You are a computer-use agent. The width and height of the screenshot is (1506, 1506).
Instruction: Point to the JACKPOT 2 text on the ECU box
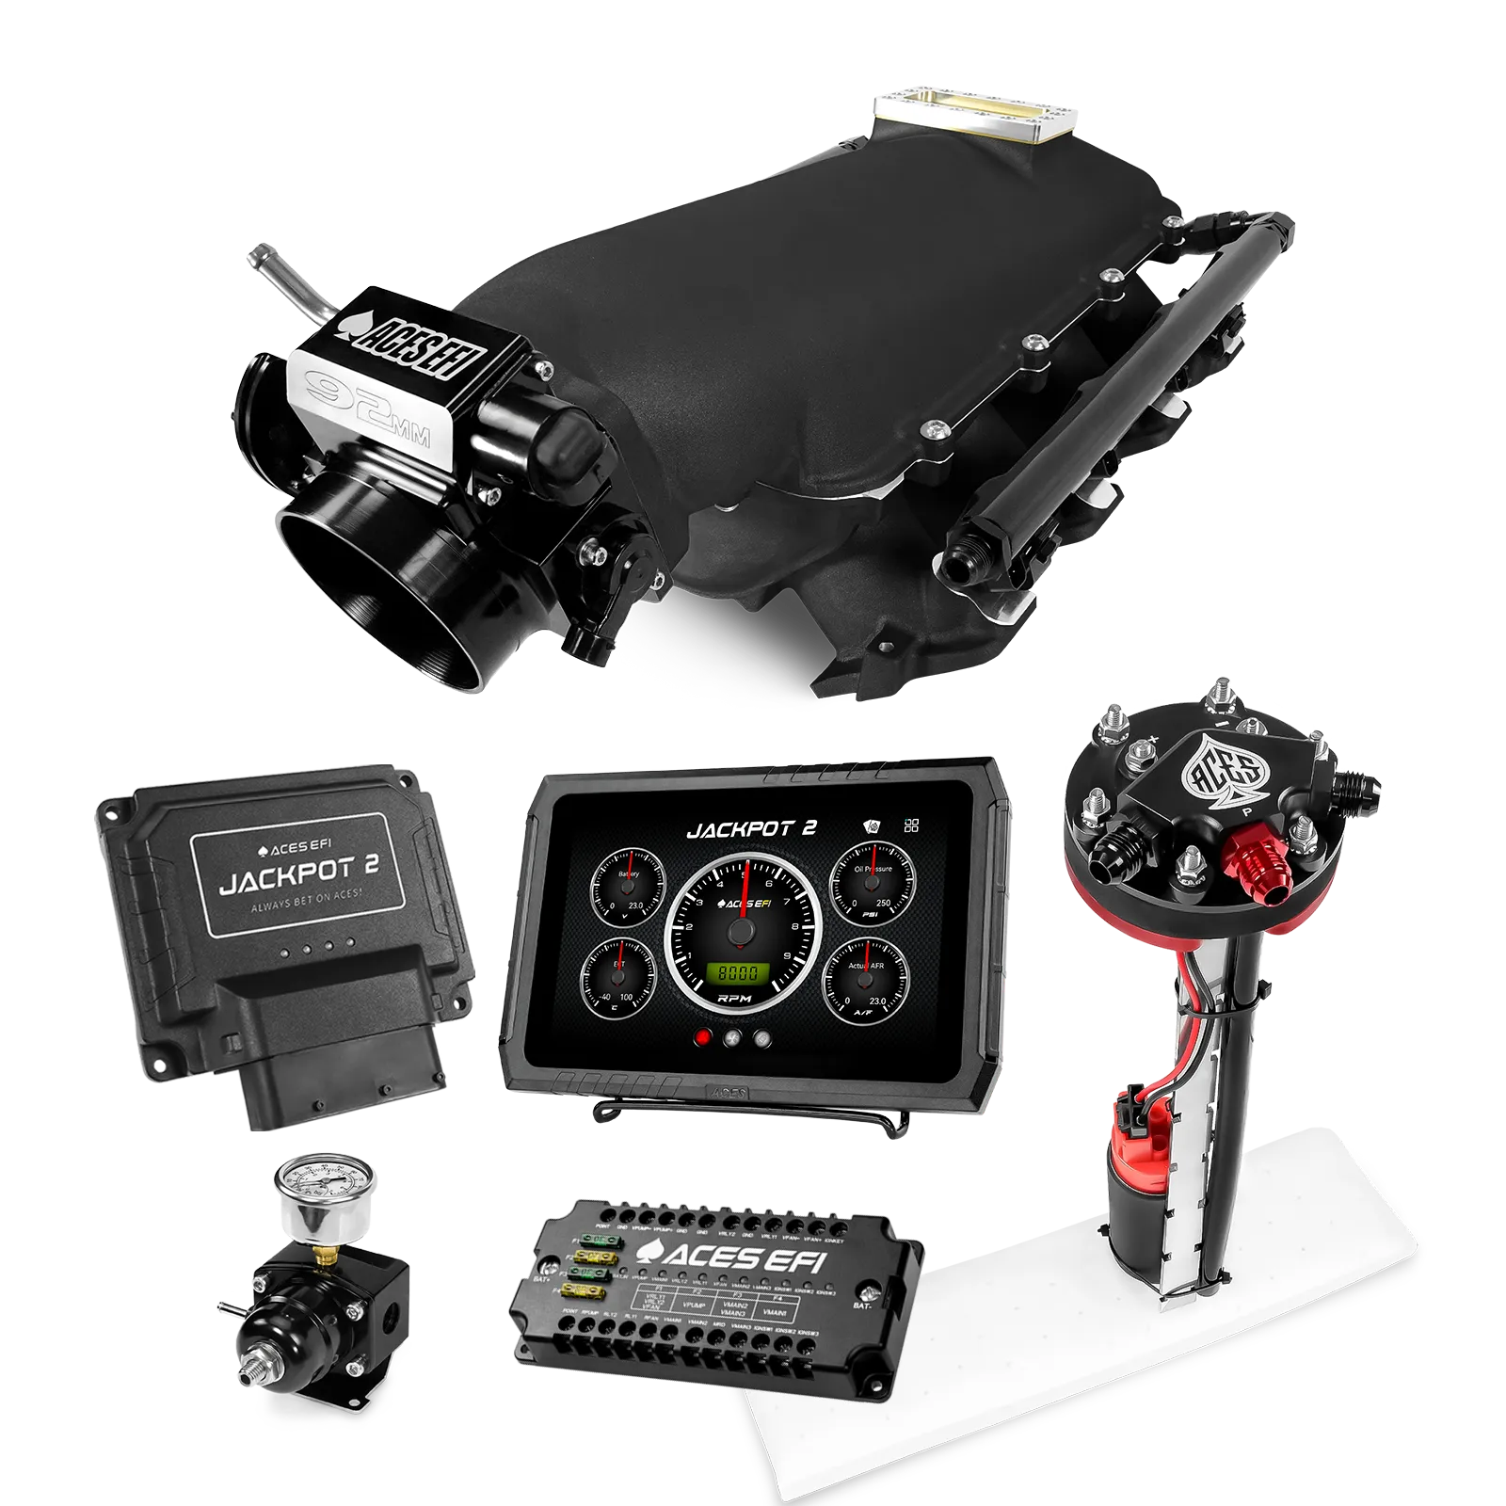298,880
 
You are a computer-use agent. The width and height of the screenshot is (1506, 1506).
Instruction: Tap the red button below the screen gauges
702,1039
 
